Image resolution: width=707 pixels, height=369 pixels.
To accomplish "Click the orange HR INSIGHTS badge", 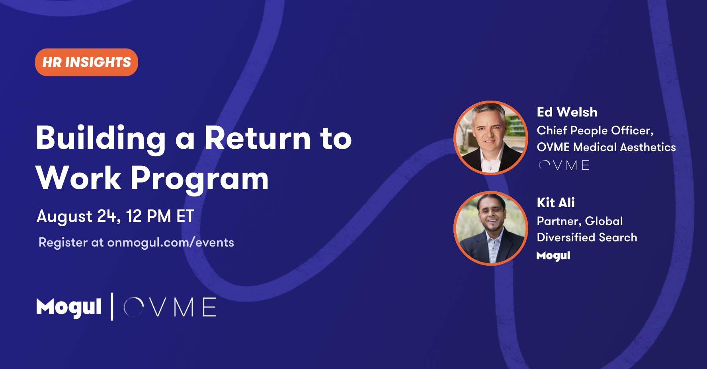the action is pos(86,62).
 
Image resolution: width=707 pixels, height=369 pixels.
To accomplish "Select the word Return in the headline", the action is pos(258,138).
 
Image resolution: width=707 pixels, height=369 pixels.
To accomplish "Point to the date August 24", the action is pos(78,217).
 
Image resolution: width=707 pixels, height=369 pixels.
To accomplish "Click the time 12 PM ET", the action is pos(160,216).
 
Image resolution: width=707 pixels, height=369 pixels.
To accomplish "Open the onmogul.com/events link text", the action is pos(170,243).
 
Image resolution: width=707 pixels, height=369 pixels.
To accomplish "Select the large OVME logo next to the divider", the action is pos(170,307).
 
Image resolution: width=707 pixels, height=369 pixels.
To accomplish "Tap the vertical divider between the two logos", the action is pos(112,307).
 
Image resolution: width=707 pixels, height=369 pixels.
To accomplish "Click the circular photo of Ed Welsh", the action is pos(491,138).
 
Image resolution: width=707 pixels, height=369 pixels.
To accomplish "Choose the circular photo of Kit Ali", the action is pos(491,228).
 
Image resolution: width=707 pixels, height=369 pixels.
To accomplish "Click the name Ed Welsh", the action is pos(567,112).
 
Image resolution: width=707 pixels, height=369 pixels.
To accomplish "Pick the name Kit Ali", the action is pos(556,202).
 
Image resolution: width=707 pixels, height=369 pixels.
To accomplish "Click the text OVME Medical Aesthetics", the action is pos(606,147).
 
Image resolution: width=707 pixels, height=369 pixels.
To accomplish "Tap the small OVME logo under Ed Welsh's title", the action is pos(564,165).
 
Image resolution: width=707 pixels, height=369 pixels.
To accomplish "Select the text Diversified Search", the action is pos(587,237).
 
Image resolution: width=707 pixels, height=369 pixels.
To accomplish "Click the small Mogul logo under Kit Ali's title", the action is pos(553,256).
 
